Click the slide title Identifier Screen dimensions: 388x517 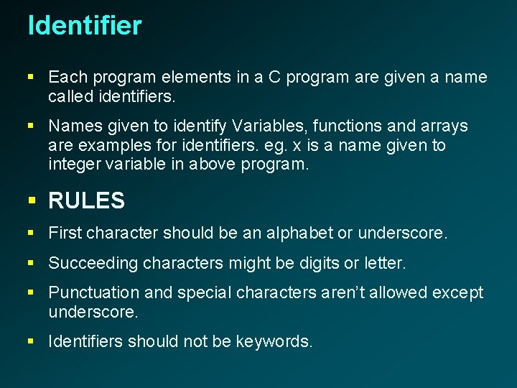tap(85, 26)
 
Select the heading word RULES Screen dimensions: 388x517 tap(86, 201)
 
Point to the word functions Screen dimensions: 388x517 tap(350, 126)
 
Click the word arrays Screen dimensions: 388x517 tap(442, 126)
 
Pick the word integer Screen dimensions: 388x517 tap(74, 164)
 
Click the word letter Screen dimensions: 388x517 tap(384, 264)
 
